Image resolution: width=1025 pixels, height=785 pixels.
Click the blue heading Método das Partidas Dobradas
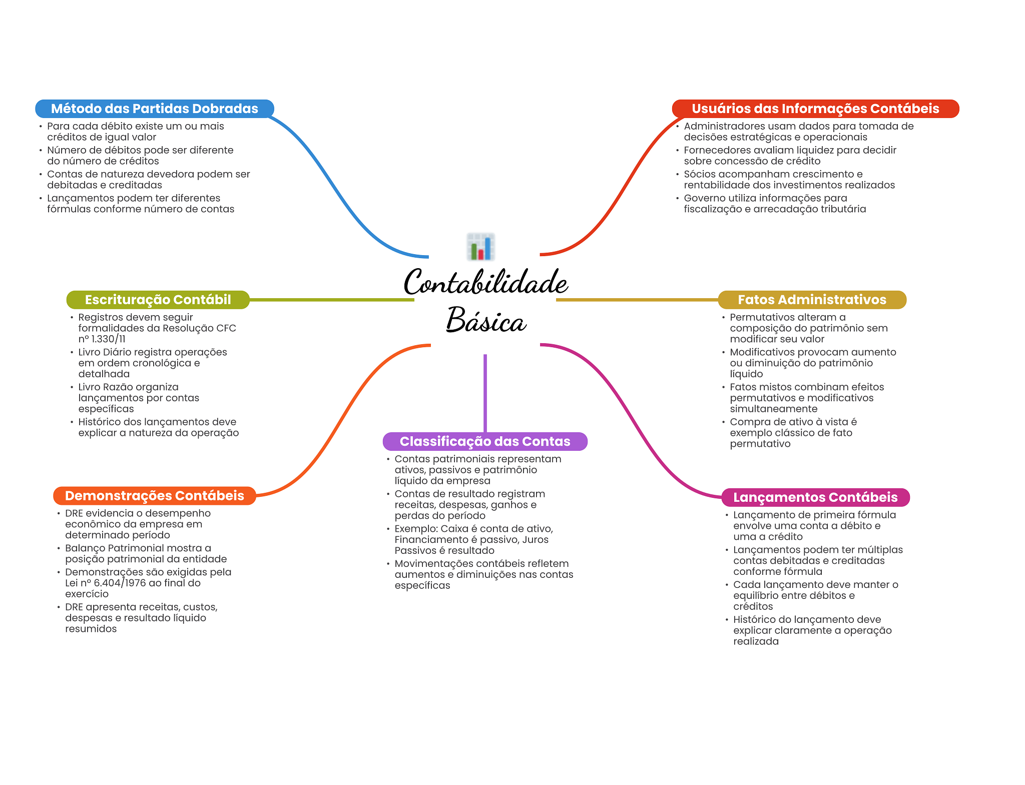[x=154, y=109]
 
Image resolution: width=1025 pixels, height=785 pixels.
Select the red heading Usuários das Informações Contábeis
[x=815, y=109]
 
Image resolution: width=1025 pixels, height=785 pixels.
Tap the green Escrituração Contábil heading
[x=158, y=300]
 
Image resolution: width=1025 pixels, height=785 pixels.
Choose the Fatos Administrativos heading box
[x=811, y=300]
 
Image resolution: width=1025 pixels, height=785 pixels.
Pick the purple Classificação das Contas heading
[x=484, y=441]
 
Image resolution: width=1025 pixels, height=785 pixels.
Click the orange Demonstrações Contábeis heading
[x=154, y=496]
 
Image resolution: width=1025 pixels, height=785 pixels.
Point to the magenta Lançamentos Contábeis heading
[x=815, y=497]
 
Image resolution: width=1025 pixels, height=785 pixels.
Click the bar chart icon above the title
[x=480, y=247]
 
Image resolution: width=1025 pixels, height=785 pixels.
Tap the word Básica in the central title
[x=485, y=320]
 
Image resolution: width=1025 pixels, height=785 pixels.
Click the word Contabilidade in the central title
[x=485, y=282]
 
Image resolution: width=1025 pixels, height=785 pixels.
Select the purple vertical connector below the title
[x=485, y=393]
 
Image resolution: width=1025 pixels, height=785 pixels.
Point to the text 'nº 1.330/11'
[x=102, y=339]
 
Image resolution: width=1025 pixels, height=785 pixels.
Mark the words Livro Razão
[x=104, y=387]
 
